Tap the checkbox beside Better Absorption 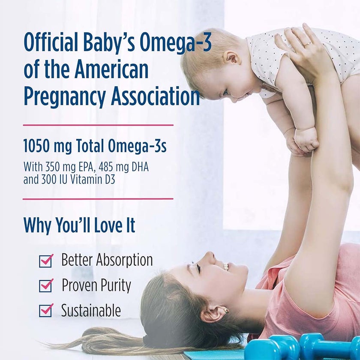click(45, 261)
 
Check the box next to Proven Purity click(45, 285)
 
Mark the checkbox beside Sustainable click(45, 310)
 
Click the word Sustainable click(91, 310)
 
